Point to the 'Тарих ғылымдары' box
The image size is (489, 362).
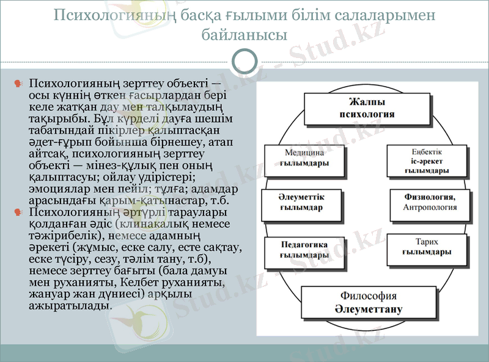[x=427, y=246]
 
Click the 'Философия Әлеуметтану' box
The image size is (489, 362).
[x=369, y=302]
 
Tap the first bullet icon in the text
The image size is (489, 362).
[x=18, y=83]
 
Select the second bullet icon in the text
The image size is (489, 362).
[x=18, y=212]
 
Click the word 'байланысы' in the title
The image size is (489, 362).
[x=244, y=35]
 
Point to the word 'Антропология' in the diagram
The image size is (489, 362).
[x=430, y=208]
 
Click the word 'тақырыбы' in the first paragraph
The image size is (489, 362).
[x=56, y=120]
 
